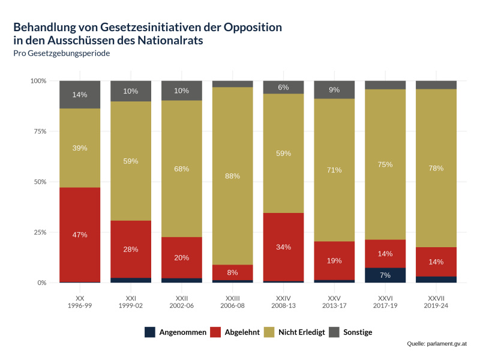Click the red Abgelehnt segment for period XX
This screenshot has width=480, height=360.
(x=80, y=235)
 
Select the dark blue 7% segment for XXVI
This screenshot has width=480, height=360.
(x=385, y=275)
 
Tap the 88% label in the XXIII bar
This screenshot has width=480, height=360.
(x=233, y=176)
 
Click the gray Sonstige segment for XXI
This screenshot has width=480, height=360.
(x=131, y=91)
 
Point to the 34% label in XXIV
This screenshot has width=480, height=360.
(x=284, y=247)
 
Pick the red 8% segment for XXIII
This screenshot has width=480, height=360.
(x=233, y=272)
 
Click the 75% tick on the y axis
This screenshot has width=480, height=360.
(x=38, y=131)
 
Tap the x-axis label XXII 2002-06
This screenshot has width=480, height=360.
(x=182, y=302)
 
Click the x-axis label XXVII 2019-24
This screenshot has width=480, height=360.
(x=436, y=302)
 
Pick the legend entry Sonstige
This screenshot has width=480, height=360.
(x=358, y=332)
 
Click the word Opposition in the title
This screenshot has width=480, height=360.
(x=253, y=27)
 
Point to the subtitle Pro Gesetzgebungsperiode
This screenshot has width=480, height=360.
(x=61, y=53)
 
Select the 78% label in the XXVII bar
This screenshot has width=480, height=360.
(x=436, y=168)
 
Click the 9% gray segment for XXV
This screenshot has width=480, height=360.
(x=334, y=89)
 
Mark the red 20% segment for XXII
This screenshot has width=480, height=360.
(x=182, y=257)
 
